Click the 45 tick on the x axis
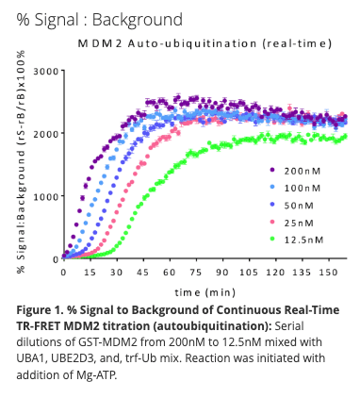click(144, 272)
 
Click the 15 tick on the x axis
click(90, 272)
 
